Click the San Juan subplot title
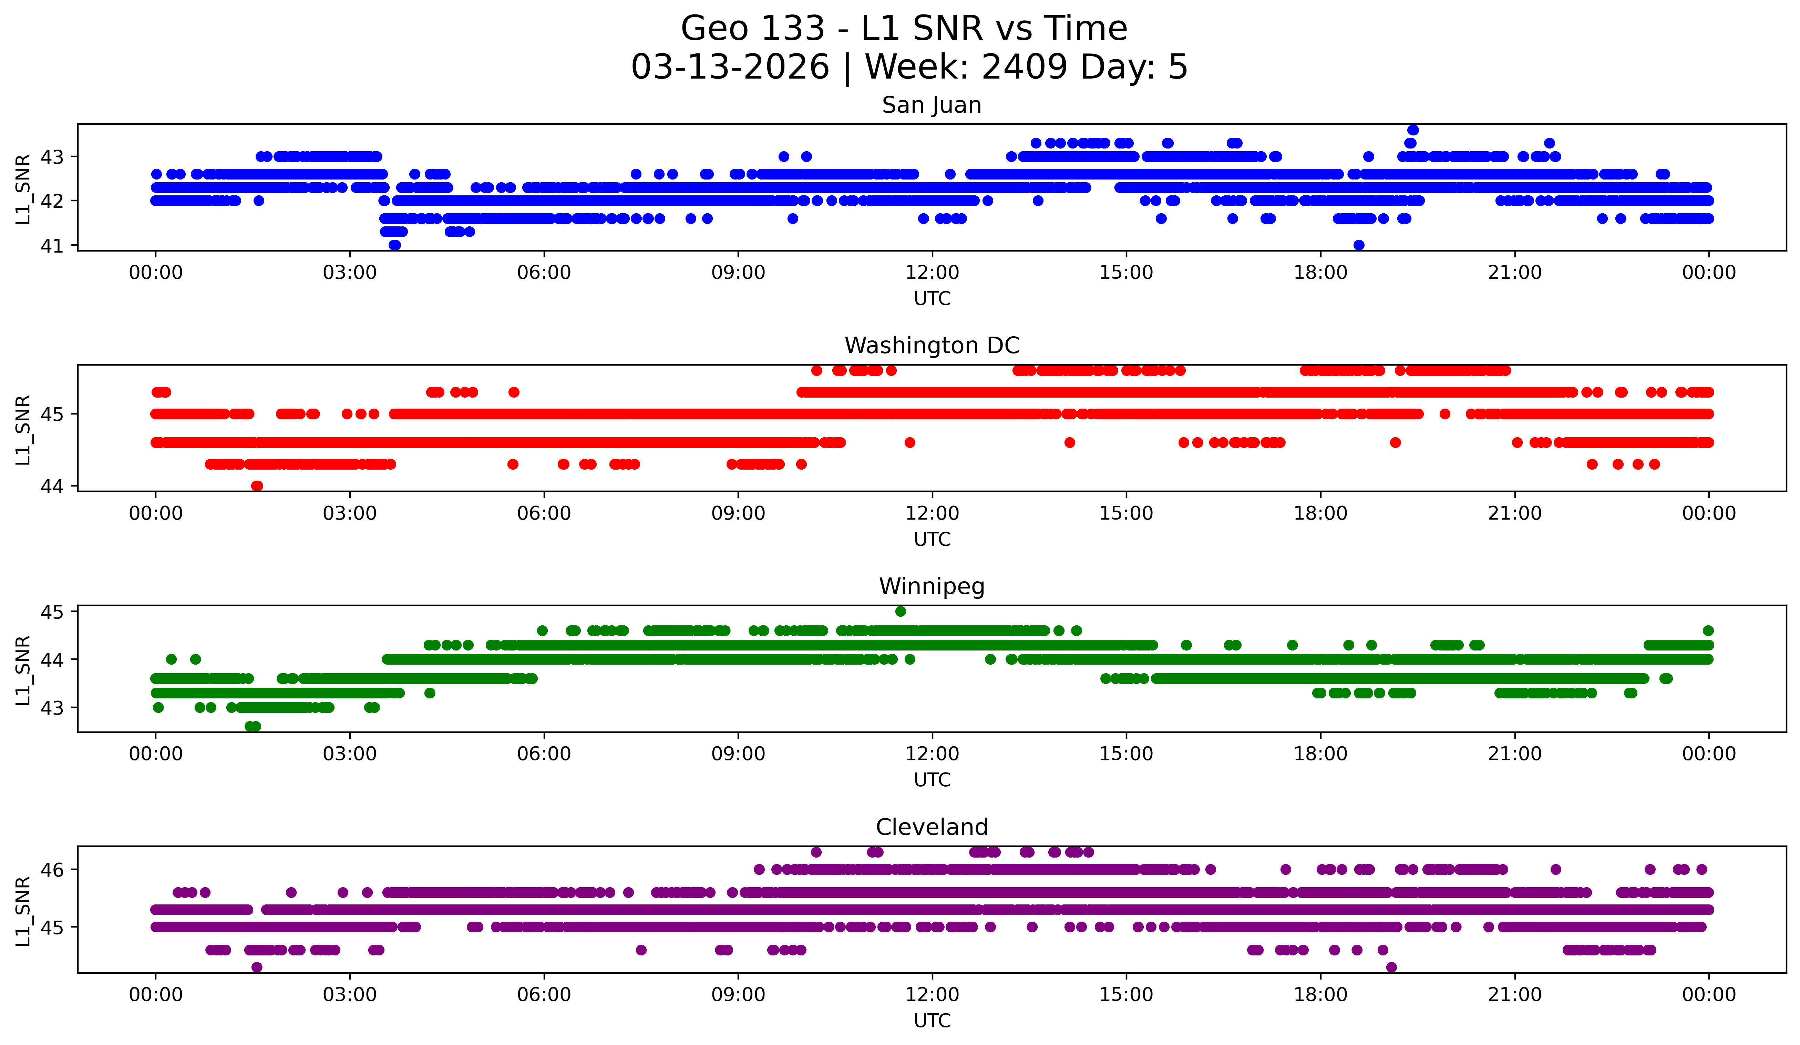pos(932,105)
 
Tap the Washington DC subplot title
pos(932,346)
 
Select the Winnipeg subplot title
pos(932,586)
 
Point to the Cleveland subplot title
pos(932,827)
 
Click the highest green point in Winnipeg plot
pos(901,612)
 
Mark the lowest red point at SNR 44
pos(257,486)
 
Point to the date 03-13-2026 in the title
pos(730,67)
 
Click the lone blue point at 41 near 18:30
pos(1359,245)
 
